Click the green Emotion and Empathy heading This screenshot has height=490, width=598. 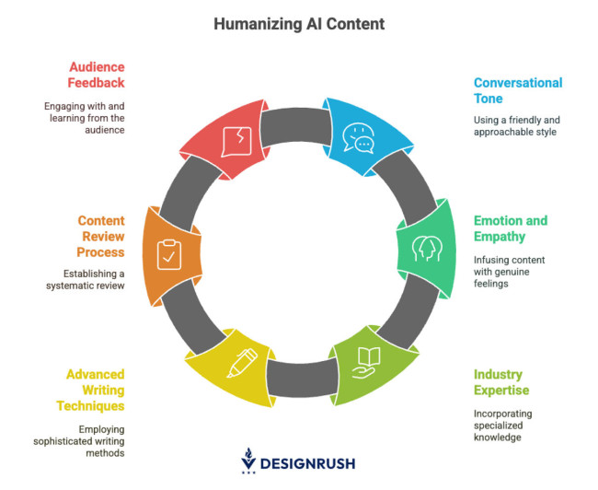click(x=510, y=228)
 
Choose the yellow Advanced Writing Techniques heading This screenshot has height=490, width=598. click(x=95, y=390)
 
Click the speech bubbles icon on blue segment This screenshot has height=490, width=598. click(x=359, y=137)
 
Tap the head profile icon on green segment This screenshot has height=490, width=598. click(x=425, y=249)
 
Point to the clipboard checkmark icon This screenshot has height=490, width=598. click(x=170, y=254)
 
